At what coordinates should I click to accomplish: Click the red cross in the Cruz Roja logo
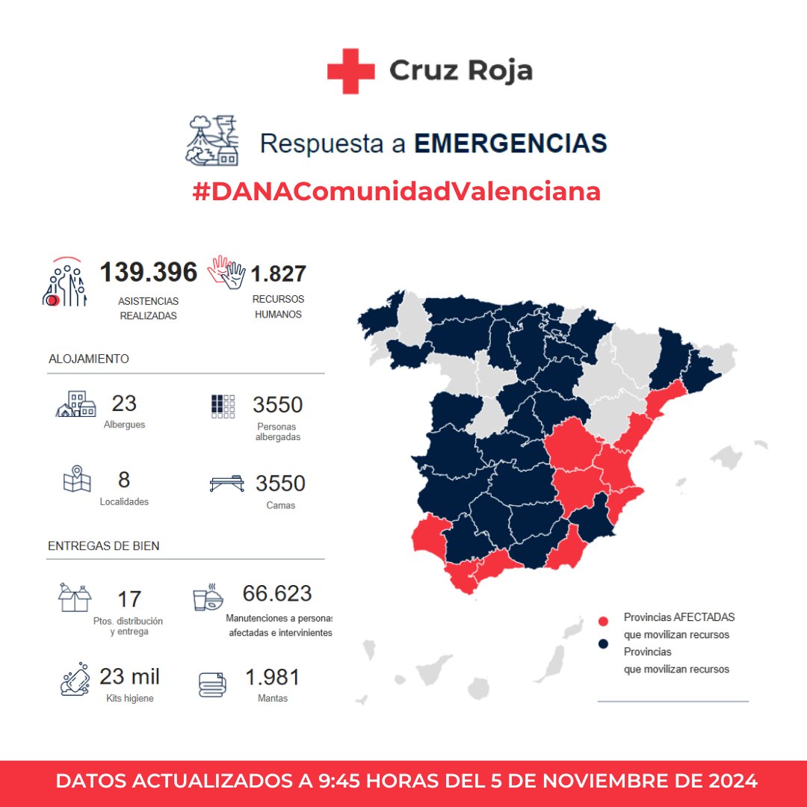tap(350, 71)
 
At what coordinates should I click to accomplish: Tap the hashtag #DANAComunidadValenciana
tap(397, 192)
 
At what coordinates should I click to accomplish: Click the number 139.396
tap(149, 273)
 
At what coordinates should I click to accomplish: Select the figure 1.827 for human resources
tap(278, 274)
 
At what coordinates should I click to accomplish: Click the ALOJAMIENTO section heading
tap(89, 359)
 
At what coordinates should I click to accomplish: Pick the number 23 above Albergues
tap(124, 403)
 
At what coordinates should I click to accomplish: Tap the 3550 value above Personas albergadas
tap(277, 405)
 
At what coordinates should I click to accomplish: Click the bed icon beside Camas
tap(226, 483)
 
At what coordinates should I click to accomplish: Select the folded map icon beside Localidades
tap(77, 479)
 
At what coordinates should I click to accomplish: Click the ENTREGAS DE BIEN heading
tap(103, 546)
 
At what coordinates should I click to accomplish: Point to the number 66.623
tap(277, 594)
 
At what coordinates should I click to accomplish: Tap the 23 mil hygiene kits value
tap(129, 677)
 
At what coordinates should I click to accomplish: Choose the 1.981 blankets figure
tap(272, 678)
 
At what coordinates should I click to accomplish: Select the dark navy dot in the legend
tap(604, 644)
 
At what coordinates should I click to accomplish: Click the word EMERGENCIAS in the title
tap(510, 143)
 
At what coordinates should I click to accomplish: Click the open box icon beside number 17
tap(75, 597)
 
